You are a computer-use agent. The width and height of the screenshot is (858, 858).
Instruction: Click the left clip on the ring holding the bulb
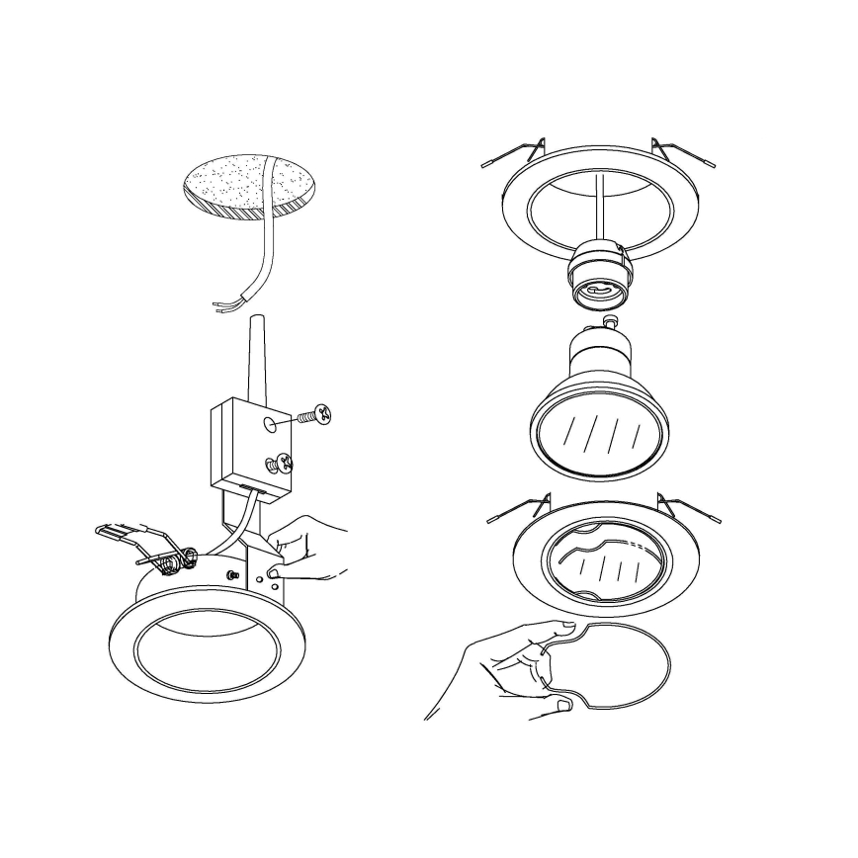521,506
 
